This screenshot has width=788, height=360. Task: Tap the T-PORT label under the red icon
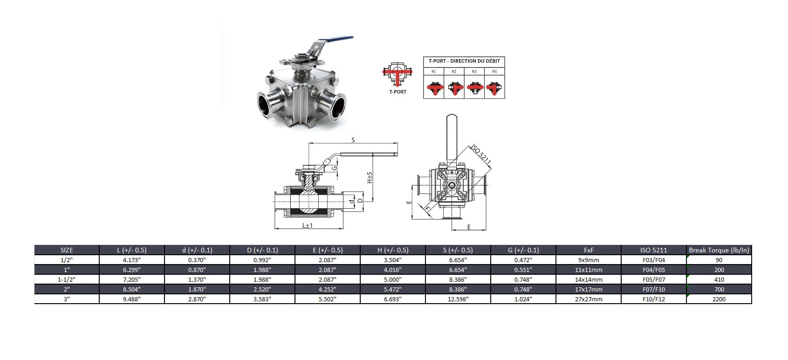coord(397,92)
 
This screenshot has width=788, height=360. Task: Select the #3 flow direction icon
coord(474,88)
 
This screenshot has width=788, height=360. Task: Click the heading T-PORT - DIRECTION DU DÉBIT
coord(464,61)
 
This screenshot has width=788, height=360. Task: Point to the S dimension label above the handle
coord(353,140)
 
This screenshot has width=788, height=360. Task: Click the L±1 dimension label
coord(307,225)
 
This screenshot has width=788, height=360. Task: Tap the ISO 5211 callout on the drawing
coord(481,155)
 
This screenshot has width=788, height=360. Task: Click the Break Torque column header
coord(719,250)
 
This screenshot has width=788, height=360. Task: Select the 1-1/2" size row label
coord(67,279)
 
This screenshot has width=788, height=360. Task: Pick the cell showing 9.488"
coord(132,299)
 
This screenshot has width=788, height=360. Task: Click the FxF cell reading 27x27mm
coord(589,299)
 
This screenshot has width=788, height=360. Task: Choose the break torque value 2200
coord(719,299)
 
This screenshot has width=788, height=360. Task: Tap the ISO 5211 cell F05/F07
coord(653,279)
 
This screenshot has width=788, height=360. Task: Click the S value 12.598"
coord(458,299)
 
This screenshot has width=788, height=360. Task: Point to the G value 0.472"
coord(523,260)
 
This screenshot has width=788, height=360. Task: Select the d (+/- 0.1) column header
coord(197,250)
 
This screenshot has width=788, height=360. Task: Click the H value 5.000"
coord(393,279)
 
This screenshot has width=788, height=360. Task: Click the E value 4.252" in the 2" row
coord(328,289)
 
